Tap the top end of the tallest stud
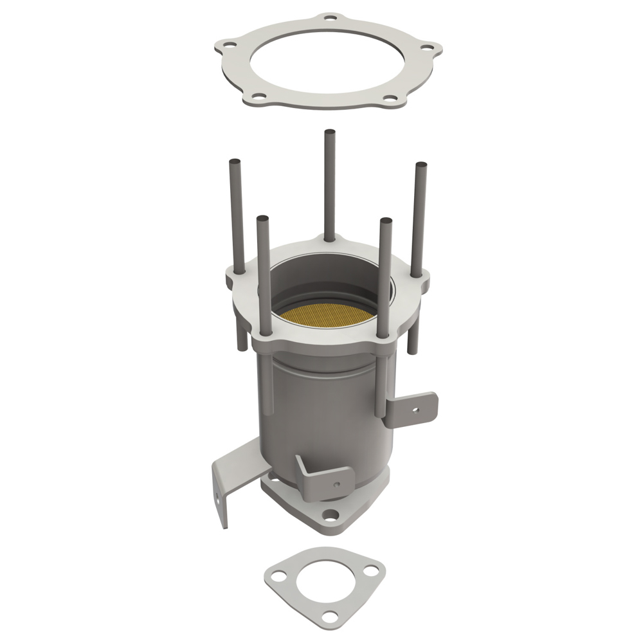click(330, 132)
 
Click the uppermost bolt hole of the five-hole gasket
click(329, 20)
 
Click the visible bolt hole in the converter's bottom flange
click(330, 514)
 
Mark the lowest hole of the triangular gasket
click(329, 617)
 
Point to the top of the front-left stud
click(262, 219)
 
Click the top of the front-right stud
click(386, 222)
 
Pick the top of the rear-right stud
click(421, 165)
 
